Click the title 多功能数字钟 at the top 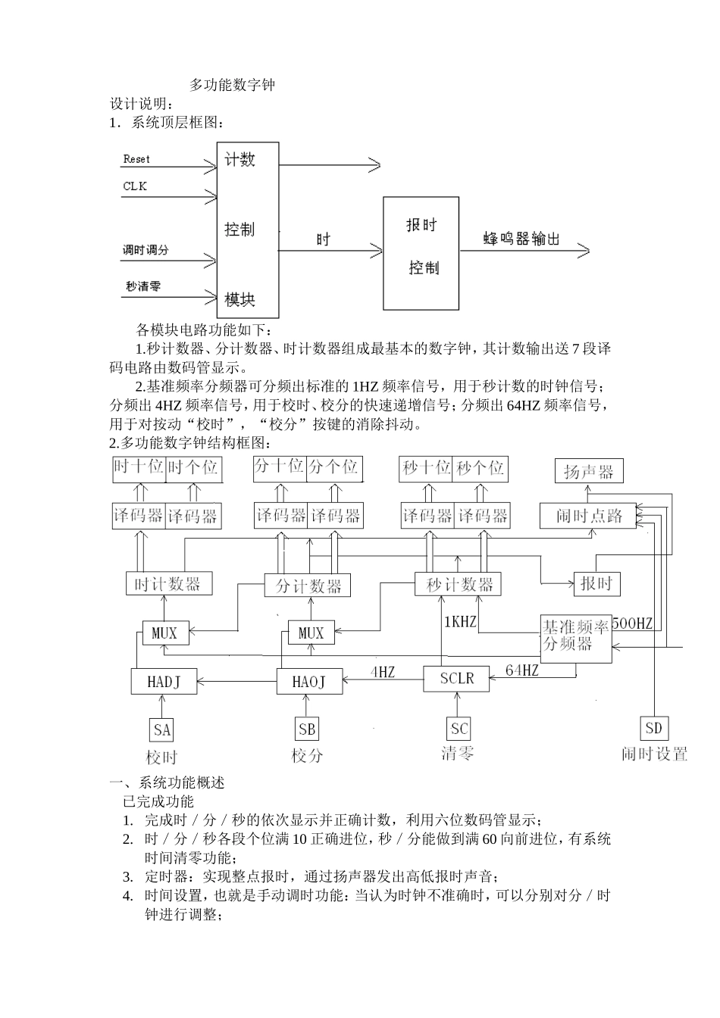tap(232, 85)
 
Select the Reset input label tap(136, 159)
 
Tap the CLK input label tap(135, 186)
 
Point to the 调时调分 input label tap(146, 250)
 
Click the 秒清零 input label tap(143, 286)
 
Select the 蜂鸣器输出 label tap(521, 239)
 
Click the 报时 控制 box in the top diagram tap(421, 253)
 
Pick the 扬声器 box tap(589, 472)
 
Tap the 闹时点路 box tap(589, 516)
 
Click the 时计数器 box tap(168, 584)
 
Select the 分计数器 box tap(308, 586)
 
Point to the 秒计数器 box tap(459, 584)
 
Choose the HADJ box tap(164, 682)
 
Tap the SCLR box tap(456, 678)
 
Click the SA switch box tap(162, 730)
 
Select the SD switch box tap(653, 729)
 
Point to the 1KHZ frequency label tap(460, 622)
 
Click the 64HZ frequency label tap(522, 670)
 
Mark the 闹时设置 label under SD tap(654, 754)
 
